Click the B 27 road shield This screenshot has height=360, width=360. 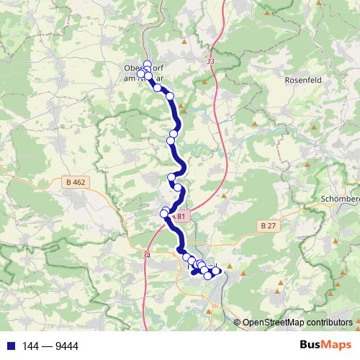pos(268,225)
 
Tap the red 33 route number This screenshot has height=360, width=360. pos(210,63)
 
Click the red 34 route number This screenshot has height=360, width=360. pos(148,255)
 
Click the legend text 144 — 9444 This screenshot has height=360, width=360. pos(51,346)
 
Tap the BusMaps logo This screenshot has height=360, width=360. pos(325,346)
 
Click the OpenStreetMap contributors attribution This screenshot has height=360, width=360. pos(297,323)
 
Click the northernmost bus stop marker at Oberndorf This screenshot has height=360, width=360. pos(148,63)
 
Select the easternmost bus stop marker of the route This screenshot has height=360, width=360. pos(216,271)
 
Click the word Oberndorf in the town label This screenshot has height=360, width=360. pos(131,70)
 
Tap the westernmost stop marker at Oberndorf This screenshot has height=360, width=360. pos(141,73)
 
